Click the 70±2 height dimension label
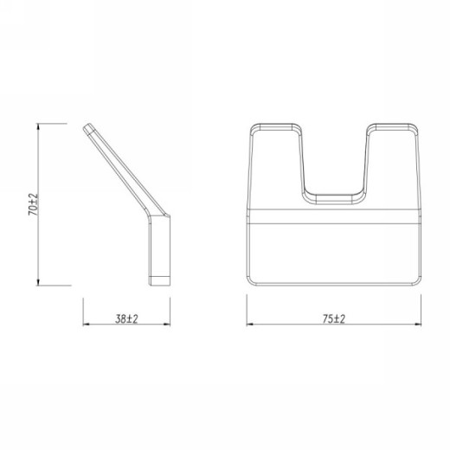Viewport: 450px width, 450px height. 33,204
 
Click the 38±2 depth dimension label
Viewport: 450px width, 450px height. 126,318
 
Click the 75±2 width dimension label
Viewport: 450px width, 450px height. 334,318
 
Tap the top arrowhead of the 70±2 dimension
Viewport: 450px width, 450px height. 38,127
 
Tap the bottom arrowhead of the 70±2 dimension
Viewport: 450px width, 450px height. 38,282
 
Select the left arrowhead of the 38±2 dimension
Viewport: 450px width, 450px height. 87,325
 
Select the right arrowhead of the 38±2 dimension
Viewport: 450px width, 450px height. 167,325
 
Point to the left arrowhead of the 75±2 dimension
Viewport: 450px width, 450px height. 250,325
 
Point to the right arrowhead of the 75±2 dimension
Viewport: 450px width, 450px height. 418,325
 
